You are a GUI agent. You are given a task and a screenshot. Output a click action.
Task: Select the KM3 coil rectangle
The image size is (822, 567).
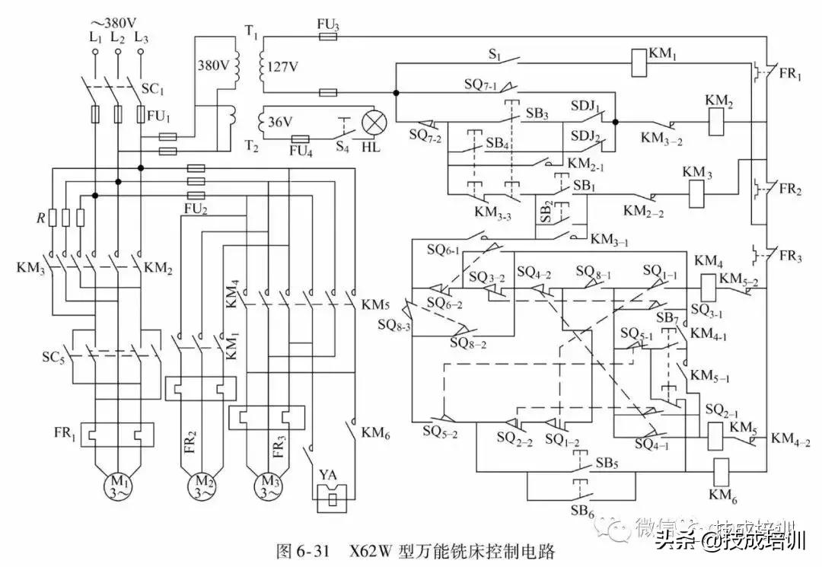(698, 194)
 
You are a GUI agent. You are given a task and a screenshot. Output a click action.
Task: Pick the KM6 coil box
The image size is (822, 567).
(719, 472)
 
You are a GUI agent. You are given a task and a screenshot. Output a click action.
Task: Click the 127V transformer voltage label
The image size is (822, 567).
(282, 66)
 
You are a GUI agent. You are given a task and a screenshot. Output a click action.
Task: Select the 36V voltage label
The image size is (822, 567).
(282, 122)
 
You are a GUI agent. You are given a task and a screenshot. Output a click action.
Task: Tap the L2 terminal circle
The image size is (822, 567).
(118, 53)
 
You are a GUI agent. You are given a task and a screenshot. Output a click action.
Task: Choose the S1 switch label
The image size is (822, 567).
(495, 56)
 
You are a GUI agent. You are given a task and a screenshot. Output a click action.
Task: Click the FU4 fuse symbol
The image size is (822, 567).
(301, 139)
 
